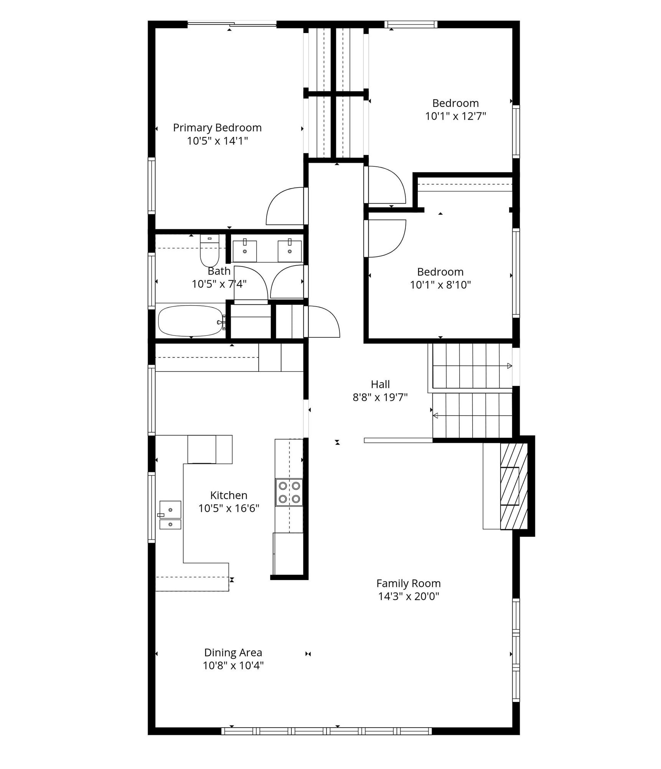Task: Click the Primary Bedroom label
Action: pos(217,128)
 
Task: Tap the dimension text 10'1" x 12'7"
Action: pos(455,116)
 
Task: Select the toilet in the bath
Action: pos(209,251)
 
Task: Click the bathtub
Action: pos(190,321)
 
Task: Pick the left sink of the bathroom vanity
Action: pos(245,251)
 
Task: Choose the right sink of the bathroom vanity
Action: pos(290,251)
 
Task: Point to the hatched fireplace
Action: pos(514,486)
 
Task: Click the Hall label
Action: pos(380,384)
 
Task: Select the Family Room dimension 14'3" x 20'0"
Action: pos(408,596)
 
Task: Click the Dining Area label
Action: pos(233,652)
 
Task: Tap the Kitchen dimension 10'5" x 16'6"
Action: pos(229,508)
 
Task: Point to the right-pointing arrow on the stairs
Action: pos(509,366)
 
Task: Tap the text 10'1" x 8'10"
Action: pos(440,285)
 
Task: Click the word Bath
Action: pos(219,271)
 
